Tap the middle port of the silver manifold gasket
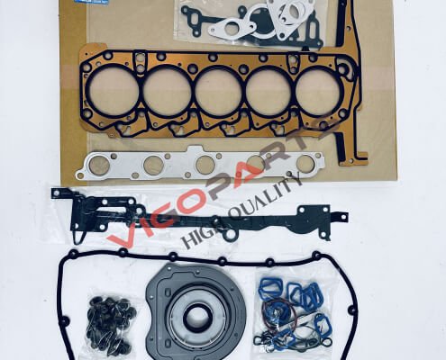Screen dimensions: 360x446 [205, 166]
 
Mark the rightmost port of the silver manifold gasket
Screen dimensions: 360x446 [306, 163]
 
